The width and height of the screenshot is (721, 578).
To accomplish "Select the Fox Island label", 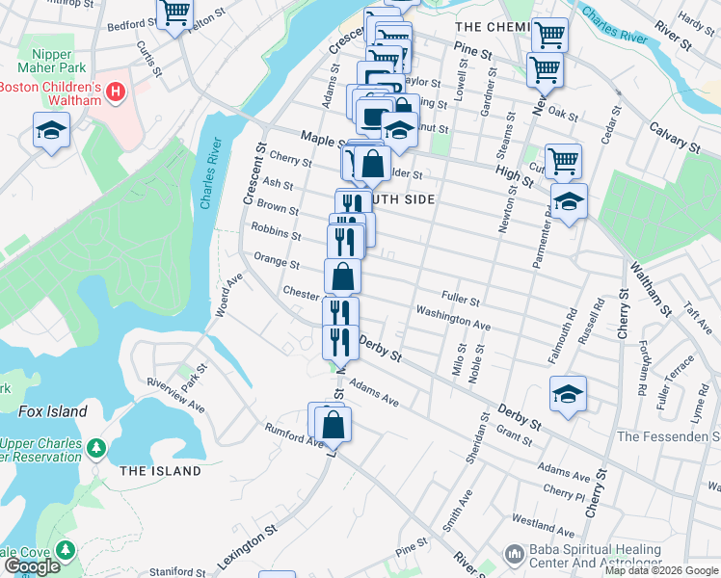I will click(x=52, y=411).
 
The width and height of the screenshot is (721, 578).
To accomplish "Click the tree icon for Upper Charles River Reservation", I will click(x=95, y=448).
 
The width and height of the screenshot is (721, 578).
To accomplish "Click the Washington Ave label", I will click(x=452, y=319).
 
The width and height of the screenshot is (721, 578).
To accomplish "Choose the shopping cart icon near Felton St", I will click(x=174, y=13).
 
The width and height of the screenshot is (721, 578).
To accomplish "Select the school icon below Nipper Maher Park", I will click(x=51, y=129).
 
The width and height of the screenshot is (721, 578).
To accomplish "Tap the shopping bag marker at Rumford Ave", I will click(x=333, y=424).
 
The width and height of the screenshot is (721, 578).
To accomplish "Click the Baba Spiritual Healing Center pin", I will click(x=513, y=554).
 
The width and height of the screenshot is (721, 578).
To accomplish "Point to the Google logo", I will click(x=32, y=566).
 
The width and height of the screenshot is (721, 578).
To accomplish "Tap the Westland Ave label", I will click(x=544, y=524).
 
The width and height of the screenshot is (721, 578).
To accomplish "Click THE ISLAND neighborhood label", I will click(x=160, y=471).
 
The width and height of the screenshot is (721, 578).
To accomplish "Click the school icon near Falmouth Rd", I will click(x=569, y=392).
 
